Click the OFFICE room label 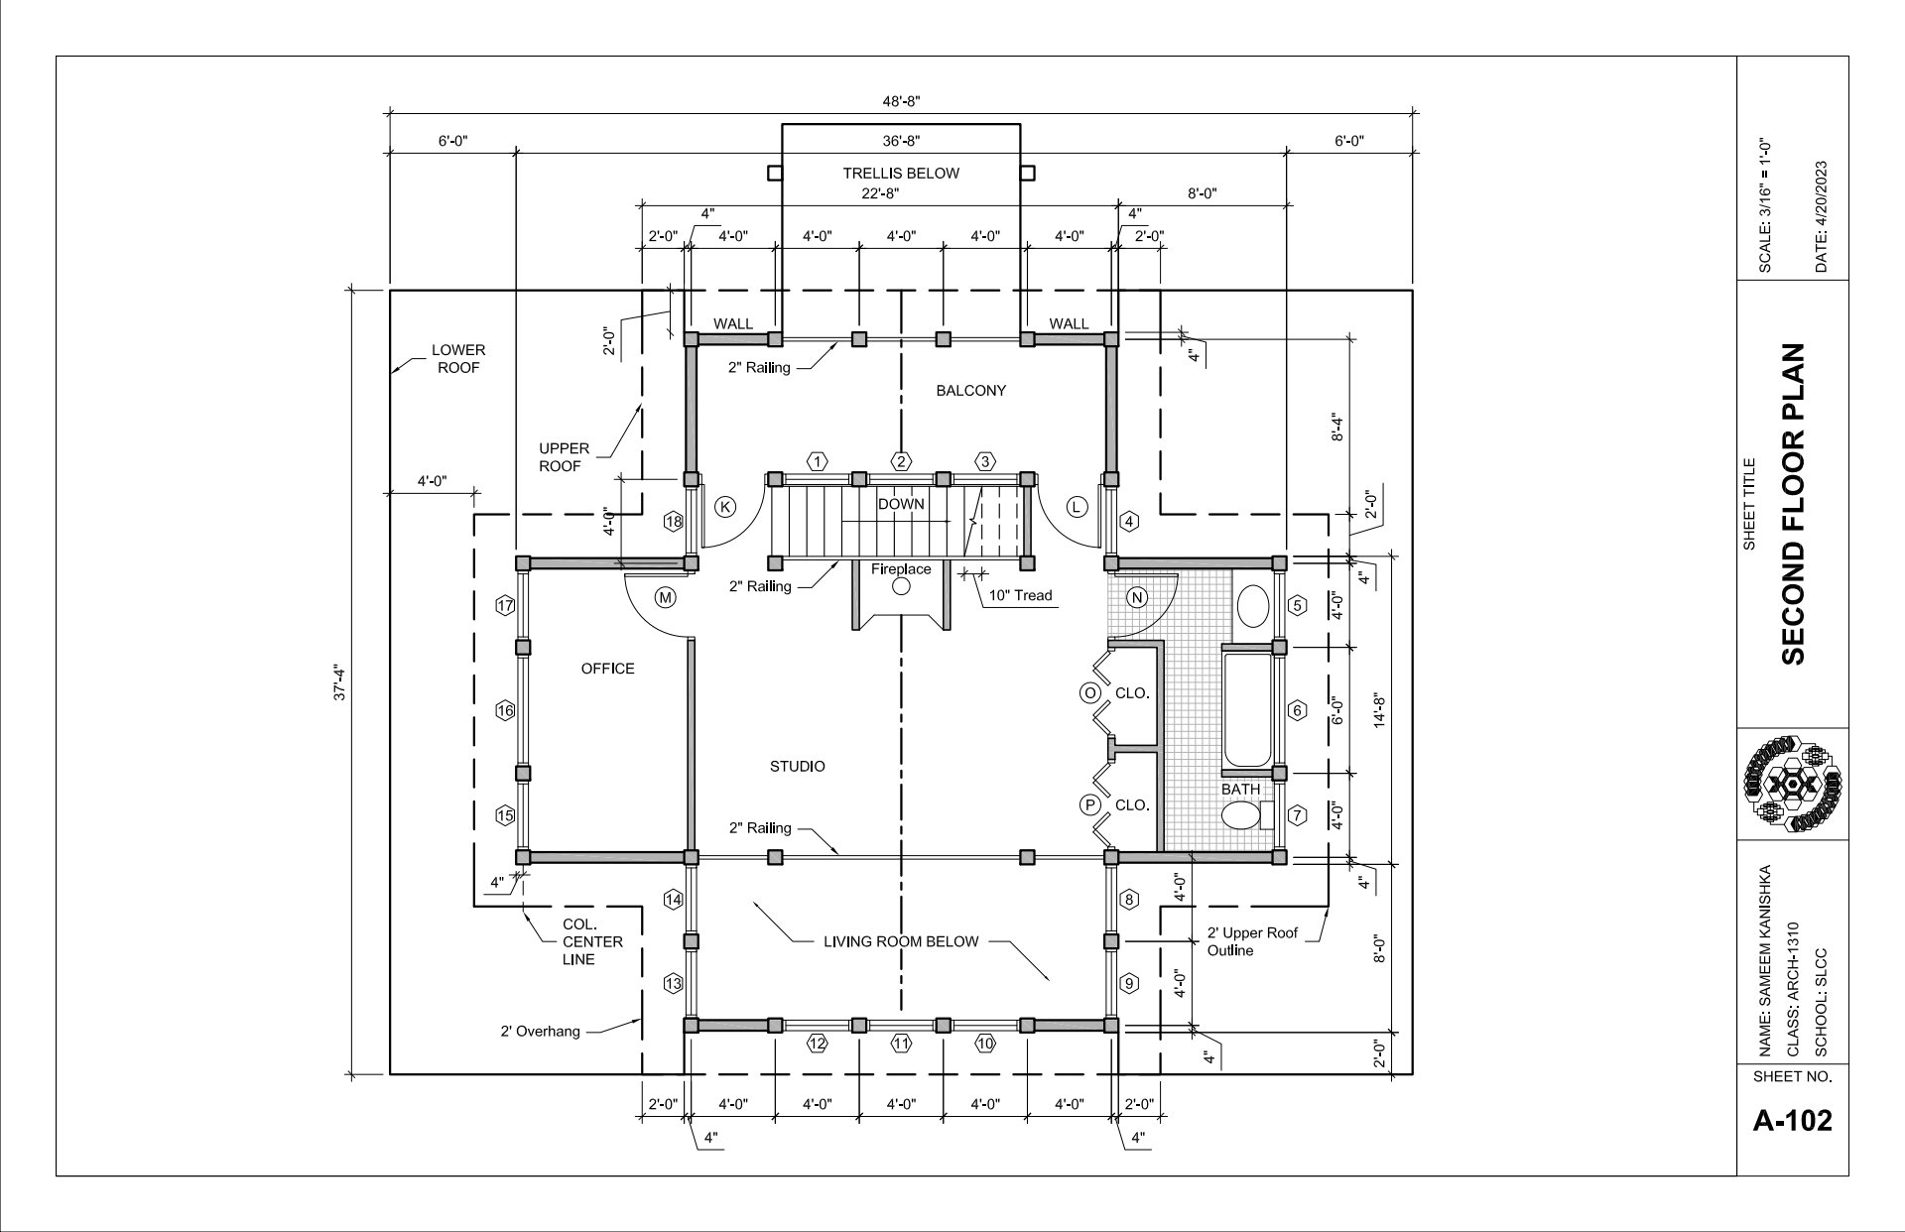(607, 669)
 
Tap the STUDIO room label (798, 767)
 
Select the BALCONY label (971, 391)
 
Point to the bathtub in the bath (1246, 709)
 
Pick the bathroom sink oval (1253, 605)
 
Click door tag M (665, 598)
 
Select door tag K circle (725, 507)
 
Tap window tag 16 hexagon (505, 710)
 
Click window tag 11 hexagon (901, 1044)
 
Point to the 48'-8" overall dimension (902, 101)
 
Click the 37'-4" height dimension (340, 684)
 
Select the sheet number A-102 (1793, 1121)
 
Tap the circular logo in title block (1793, 784)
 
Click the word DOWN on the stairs (901, 504)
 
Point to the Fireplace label (901, 569)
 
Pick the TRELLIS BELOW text (901, 174)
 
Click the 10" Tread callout (1020, 596)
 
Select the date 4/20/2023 (1820, 217)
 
